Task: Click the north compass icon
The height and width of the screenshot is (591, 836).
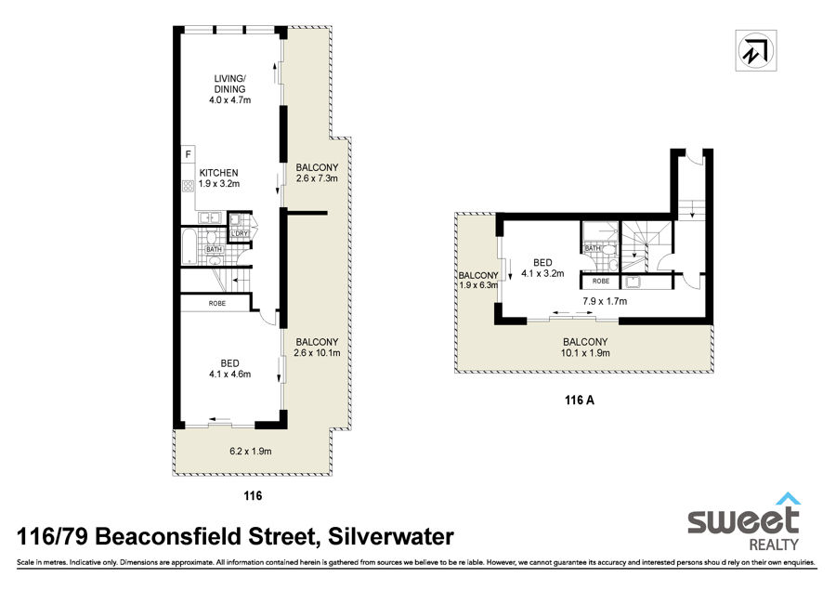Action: (x=755, y=50)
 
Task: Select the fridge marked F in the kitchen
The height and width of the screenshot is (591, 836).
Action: (x=188, y=154)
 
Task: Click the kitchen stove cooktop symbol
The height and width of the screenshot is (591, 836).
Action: (x=189, y=186)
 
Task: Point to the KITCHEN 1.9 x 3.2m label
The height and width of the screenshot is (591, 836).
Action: (x=218, y=178)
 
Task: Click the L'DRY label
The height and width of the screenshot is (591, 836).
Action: (x=240, y=233)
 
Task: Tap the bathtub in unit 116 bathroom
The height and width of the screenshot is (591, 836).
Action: (x=189, y=246)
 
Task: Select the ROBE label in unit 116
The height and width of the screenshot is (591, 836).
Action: (x=217, y=303)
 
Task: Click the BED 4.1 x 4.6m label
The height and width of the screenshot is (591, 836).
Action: (x=229, y=369)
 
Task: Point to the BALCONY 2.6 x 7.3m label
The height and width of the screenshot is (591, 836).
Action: (x=317, y=173)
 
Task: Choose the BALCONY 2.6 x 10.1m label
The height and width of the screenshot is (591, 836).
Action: (x=317, y=348)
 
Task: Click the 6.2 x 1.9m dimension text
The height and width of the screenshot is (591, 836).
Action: (x=251, y=451)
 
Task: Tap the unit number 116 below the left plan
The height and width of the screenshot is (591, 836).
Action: (x=253, y=495)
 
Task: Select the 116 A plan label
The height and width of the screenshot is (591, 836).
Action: (x=580, y=400)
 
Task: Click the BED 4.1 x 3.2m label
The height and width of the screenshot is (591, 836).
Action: (x=542, y=268)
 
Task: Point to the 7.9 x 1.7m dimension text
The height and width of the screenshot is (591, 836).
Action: (x=605, y=301)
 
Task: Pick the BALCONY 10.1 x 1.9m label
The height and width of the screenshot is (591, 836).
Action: (x=585, y=348)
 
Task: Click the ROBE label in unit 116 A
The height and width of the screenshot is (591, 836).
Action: (x=600, y=282)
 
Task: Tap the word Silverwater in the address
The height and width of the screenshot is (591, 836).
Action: (x=391, y=536)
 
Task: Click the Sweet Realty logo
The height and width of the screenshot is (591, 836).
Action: (x=744, y=521)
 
